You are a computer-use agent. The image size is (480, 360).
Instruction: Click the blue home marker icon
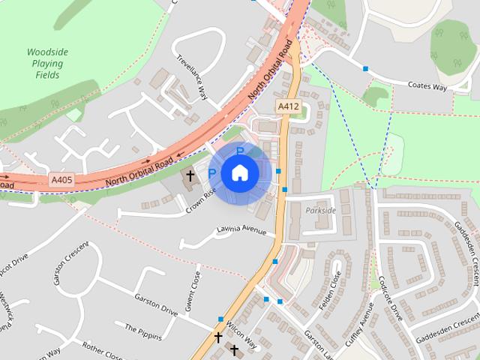[x=239, y=173]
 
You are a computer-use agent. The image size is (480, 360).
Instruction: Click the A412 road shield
[x=288, y=107]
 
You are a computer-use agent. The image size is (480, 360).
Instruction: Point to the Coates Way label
[x=427, y=88]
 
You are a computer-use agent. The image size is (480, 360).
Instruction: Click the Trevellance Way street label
[x=191, y=77]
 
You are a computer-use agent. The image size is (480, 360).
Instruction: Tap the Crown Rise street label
[x=201, y=201]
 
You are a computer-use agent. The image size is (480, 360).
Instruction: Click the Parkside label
[x=321, y=211]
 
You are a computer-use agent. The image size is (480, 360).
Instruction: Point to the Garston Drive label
[x=155, y=303]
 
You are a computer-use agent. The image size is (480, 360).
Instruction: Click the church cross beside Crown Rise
[x=190, y=176]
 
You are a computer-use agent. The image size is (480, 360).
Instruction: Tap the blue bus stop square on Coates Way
[x=365, y=69]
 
